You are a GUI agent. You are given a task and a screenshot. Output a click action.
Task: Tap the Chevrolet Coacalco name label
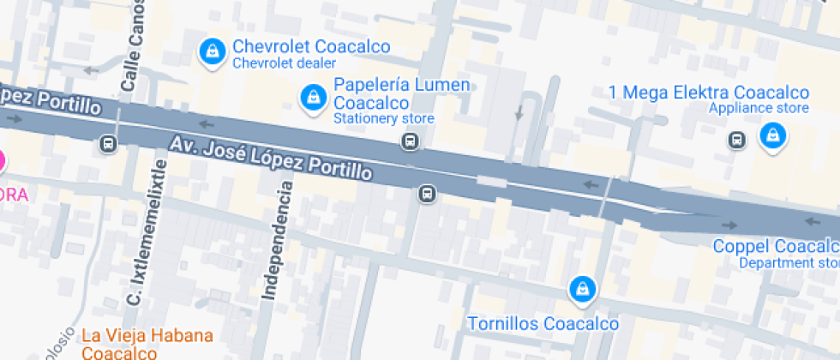pos(311,46)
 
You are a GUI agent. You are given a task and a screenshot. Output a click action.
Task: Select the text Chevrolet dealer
pos(285,63)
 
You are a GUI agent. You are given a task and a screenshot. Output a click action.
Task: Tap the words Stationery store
pos(383,118)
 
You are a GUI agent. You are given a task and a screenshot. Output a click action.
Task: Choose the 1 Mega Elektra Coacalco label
pos(708,93)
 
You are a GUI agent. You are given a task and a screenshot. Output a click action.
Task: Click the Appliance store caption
pos(759,108)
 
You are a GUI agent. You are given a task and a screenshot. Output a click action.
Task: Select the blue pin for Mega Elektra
pos(773,135)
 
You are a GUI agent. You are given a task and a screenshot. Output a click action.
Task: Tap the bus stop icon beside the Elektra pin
pos(736,140)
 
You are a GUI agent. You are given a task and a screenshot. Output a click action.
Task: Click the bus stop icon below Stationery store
pos(411,141)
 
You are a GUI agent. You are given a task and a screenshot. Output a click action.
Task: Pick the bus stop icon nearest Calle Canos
pos(109,143)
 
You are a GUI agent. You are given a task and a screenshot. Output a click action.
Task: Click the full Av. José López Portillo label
pos(270,159)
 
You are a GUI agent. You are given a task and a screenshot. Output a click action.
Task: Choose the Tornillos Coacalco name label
pos(543,324)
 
